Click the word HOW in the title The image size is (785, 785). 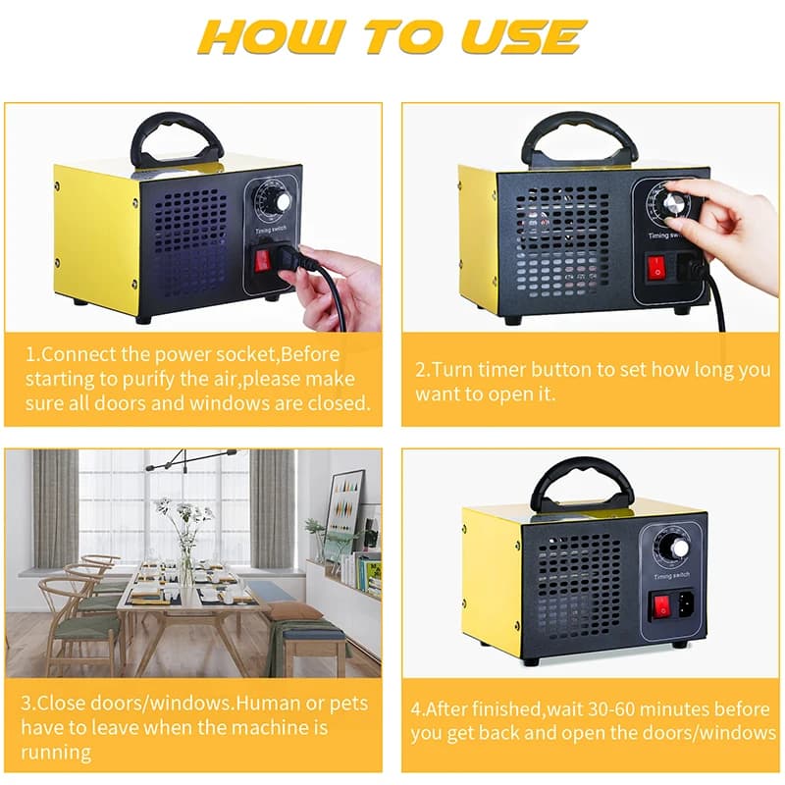pos(264,38)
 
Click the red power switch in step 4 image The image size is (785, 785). pos(662,605)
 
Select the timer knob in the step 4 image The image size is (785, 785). pos(674,546)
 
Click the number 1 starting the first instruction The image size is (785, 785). pos(30,354)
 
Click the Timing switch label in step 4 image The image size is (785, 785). pos(674,574)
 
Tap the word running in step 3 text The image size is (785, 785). pos(58,753)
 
